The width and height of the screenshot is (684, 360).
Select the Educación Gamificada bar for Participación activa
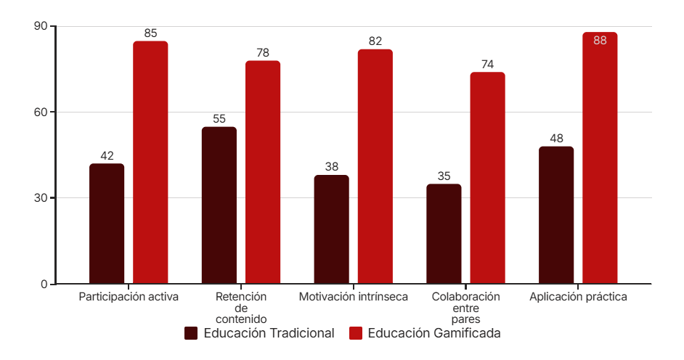150,163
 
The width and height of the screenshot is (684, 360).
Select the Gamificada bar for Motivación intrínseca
375,166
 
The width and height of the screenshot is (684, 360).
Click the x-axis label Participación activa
129,297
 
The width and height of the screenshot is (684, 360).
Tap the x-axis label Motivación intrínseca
354,297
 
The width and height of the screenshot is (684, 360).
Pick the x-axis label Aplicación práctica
578,297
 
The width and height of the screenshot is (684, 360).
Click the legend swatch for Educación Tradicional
192,334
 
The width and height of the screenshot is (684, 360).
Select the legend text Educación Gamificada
433,334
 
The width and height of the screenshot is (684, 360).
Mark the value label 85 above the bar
150,33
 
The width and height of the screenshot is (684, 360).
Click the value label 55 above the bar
219,119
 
